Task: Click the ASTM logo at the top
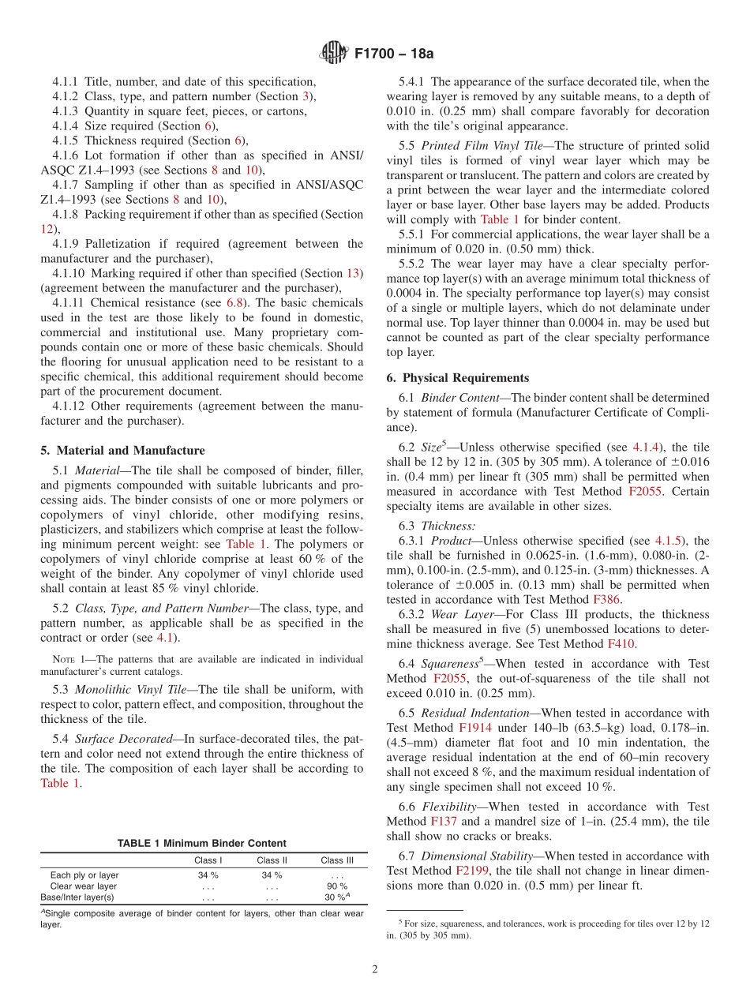(334, 54)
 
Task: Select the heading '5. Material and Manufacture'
(122, 451)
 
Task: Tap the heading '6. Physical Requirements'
(458, 377)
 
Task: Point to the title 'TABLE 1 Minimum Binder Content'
(201, 843)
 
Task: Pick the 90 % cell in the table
(337, 886)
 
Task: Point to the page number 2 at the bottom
(375, 969)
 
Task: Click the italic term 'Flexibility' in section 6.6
(448, 807)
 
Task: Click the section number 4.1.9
(67, 244)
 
